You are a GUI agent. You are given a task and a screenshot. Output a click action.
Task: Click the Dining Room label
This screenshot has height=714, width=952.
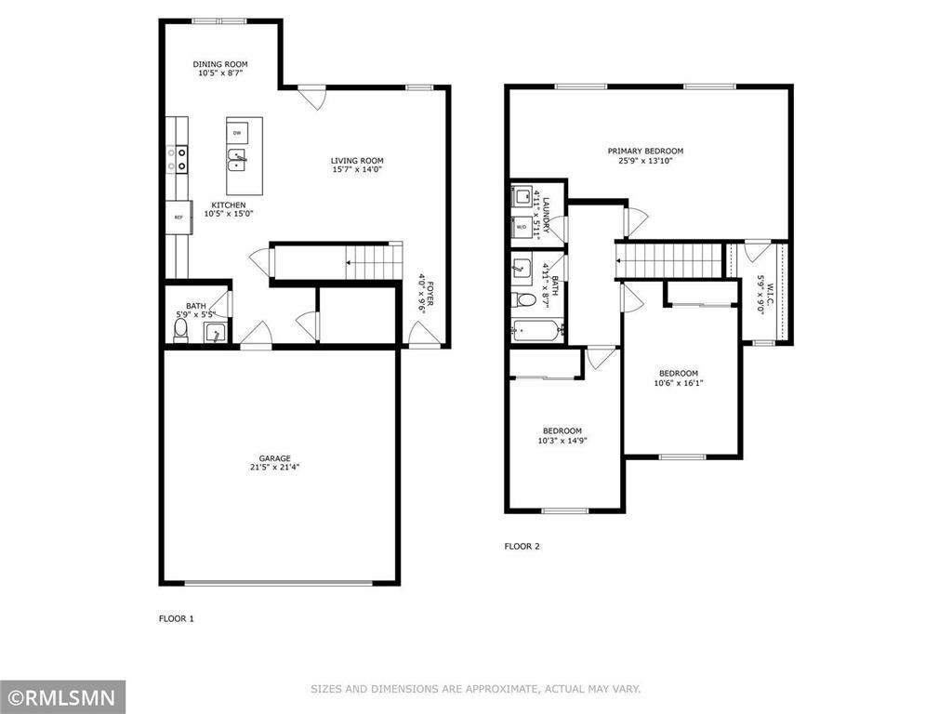click(x=220, y=64)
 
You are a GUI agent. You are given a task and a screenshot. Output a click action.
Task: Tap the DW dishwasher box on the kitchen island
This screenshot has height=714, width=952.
click(x=237, y=133)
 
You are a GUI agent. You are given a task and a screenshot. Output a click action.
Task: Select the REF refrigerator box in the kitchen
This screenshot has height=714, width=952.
click(x=177, y=217)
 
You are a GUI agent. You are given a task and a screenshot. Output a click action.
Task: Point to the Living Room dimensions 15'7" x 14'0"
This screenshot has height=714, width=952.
click(x=357, y=170)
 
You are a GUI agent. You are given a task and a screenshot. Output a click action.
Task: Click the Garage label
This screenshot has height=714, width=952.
click(x=274, y=457)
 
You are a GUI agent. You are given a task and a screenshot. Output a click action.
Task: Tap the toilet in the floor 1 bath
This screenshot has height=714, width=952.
click(x=181, y=333)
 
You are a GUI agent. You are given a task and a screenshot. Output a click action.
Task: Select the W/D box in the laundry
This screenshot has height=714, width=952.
click(x=522, y=227)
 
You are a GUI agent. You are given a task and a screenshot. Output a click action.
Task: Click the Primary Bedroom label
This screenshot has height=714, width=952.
click(x=645, y=151)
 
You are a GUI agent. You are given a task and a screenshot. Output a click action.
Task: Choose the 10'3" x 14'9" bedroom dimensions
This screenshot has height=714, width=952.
click(x=562, y=441)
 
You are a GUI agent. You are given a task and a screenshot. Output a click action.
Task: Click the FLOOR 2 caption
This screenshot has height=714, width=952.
click(x=522, y=547)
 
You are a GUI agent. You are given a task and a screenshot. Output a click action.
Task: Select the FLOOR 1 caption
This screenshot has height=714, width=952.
click(x=177, y=617)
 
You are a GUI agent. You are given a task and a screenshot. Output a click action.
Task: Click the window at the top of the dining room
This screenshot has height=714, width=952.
click(x=219, y=20)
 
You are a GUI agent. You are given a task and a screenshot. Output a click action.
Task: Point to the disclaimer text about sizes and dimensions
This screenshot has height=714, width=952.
click(x=475, y=689)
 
